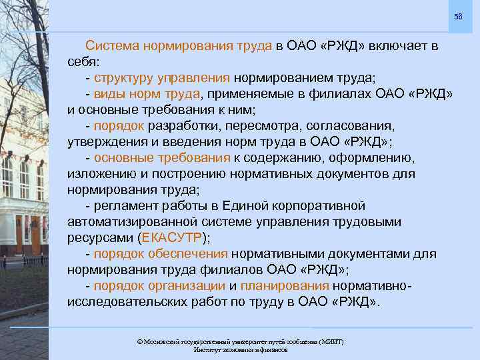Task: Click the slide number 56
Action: (457, 16)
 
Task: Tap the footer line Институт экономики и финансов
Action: (240, 350)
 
